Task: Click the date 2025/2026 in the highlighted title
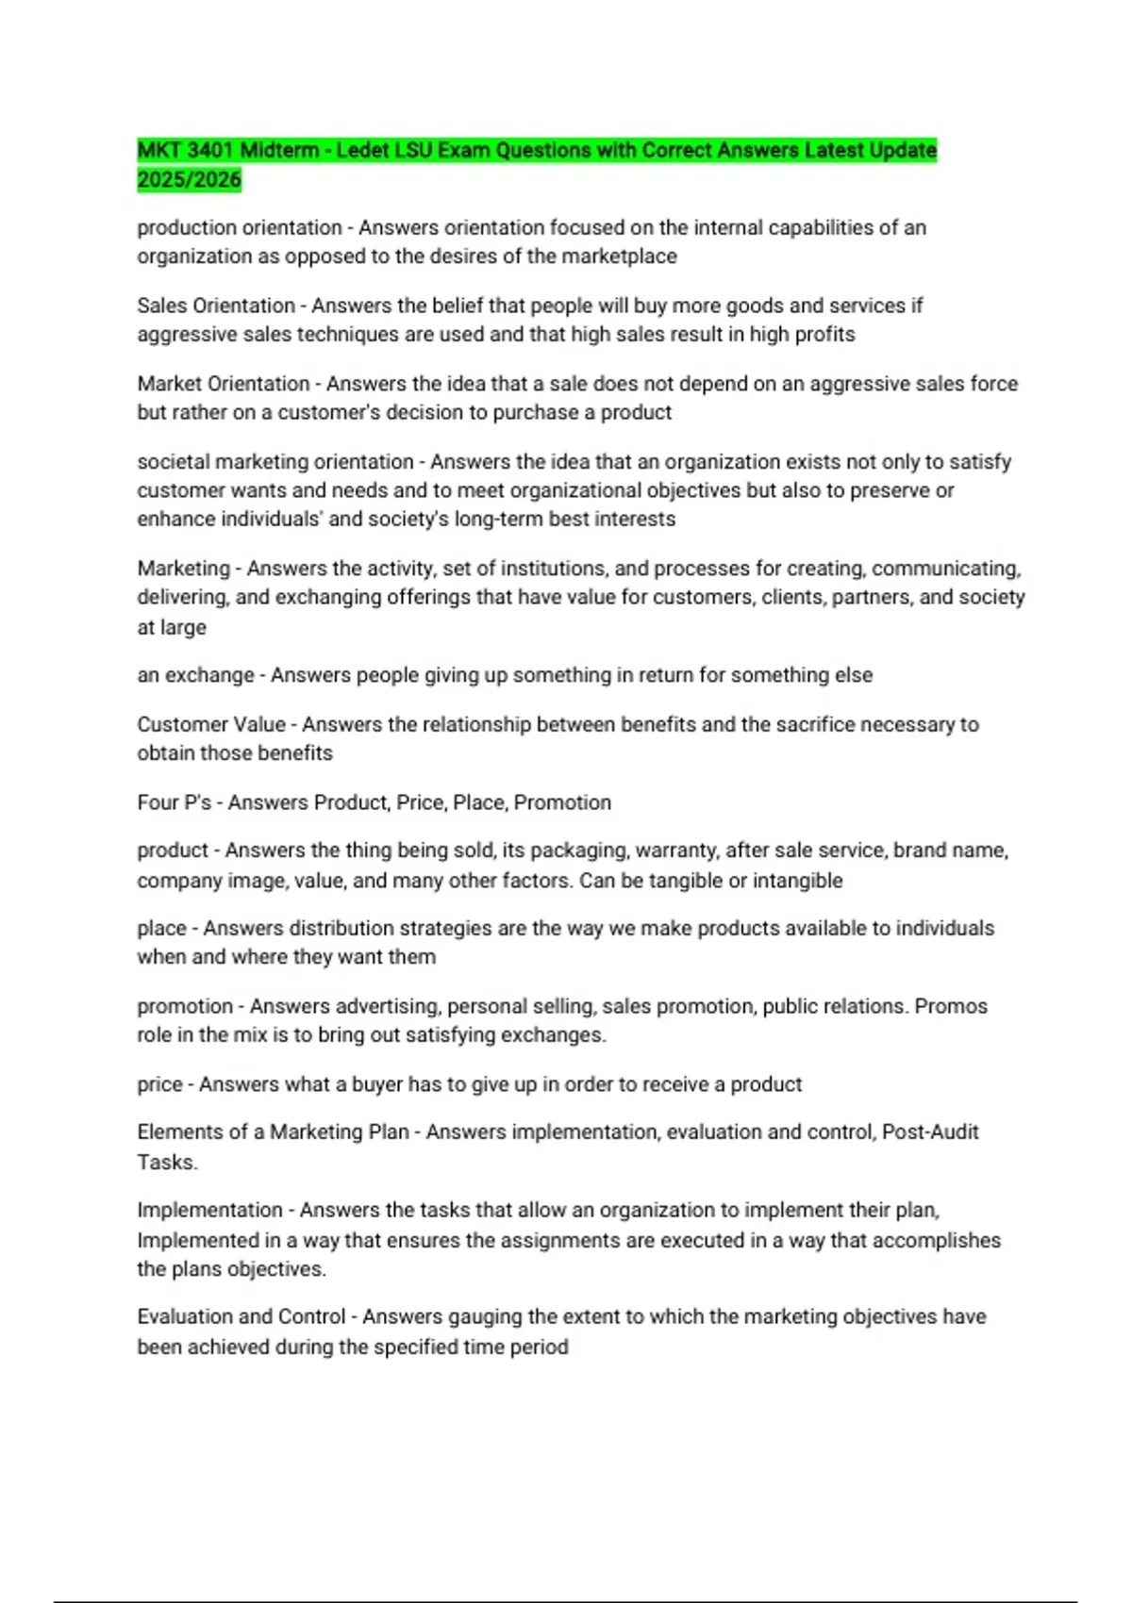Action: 189,179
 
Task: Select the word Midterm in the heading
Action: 279,150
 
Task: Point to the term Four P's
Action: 174,802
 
